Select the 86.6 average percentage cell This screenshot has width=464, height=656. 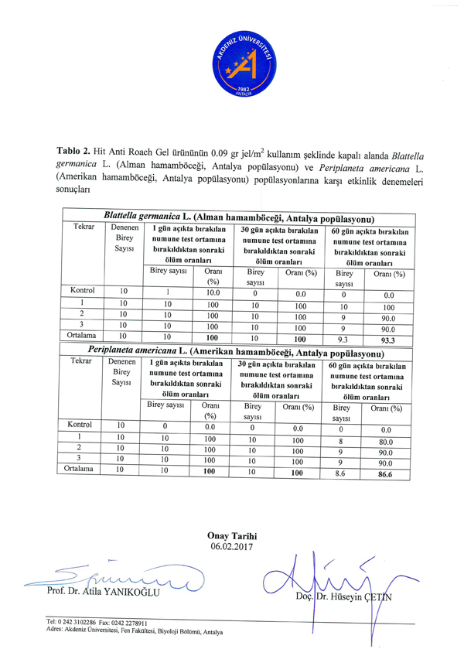tap(388, 470)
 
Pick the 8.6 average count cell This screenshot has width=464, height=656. tap(341, 470)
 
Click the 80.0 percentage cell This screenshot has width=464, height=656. tap(387, 442)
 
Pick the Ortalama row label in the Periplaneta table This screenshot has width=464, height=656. tap(83, 470)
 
